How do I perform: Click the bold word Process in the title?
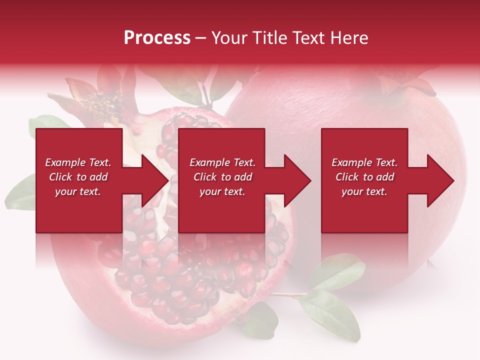click(x=157, y=38)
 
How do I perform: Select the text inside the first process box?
click(x=78, y=177)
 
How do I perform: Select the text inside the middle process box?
click(x=222, y=177)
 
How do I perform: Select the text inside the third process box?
click(x=364, y=177)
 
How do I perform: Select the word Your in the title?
click(x=229, y=38)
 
